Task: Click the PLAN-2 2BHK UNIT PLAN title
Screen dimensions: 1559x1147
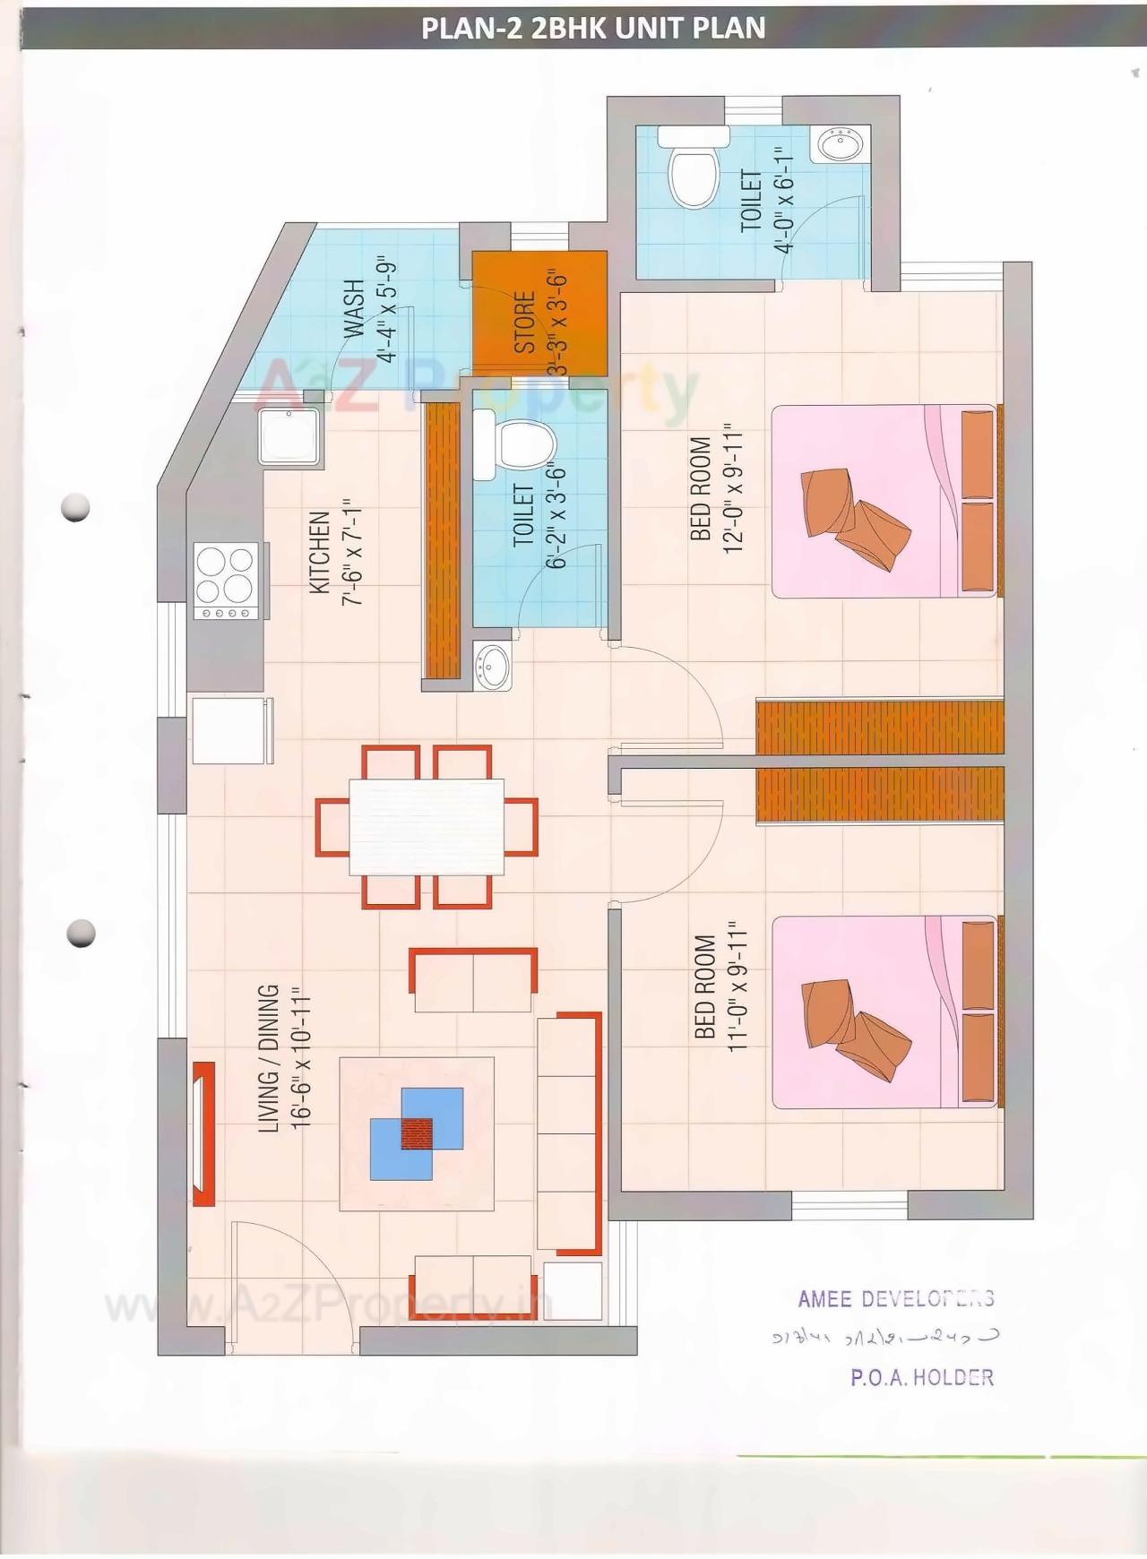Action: (x=593, y=28)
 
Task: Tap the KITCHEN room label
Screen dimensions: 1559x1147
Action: (x=320, y=553)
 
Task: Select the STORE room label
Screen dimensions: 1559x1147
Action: (x=524, y=322)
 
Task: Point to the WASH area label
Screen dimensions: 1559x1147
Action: (x=355, y=309)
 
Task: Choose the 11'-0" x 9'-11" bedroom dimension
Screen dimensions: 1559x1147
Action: (x=737, y=986)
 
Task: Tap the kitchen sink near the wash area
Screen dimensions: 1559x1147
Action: (x=289, y=436)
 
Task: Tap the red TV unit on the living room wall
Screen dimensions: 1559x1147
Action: (x=203, y=1133)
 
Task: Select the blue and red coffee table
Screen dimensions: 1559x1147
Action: (x=417, y=1133)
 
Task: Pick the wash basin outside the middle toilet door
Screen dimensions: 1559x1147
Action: (x=492, y=667)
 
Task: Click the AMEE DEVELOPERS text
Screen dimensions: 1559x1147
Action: (x=895, y=1298)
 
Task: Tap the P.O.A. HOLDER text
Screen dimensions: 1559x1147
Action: (x=922, y=1377)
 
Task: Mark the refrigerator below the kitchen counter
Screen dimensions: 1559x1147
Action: (x=231, y=730)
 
